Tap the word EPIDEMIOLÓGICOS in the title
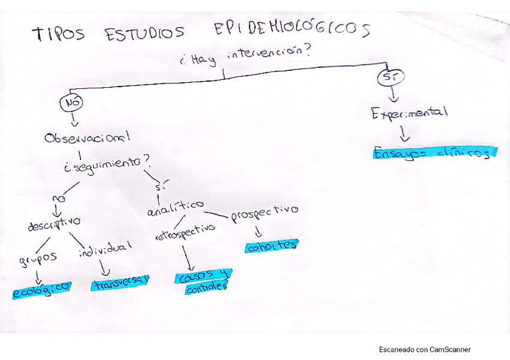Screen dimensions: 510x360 pyautogui.click(x=292, y=29)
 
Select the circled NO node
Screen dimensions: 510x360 pyautogui.click(x=72, y=103)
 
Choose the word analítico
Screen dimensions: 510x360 pyautogui.click(x=175, y=208)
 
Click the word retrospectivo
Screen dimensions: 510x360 pyautogui.click(x=185, y=231)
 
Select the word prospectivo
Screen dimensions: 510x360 pyautogui.click(x=264, y=213)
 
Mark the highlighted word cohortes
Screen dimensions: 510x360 pyautogui.click(x=271, y=245)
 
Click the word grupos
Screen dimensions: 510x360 pyautogui.click(x=37, y=258)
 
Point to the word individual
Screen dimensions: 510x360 pyautogui.click(x=105, y=248)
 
